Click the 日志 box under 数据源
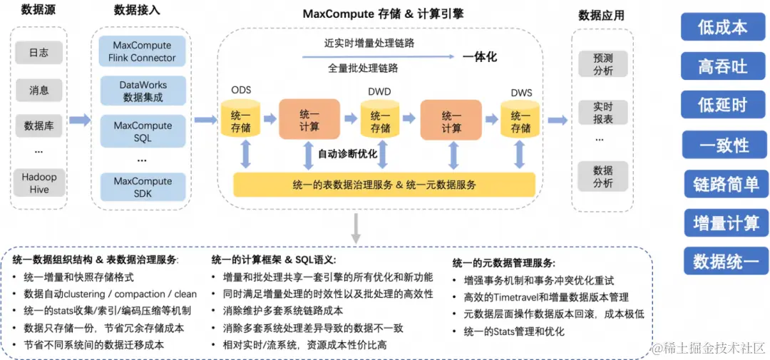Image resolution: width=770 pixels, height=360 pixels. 39,52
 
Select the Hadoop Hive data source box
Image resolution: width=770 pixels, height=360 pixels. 39,182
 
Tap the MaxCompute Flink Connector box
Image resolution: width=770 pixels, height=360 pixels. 143,51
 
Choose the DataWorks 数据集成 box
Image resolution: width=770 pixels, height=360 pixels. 143,91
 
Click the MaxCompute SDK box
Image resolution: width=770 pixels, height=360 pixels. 143,187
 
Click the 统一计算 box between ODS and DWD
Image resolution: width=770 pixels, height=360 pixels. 309,120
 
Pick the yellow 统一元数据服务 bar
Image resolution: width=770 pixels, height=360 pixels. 384,185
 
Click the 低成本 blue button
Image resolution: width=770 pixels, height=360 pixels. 722,27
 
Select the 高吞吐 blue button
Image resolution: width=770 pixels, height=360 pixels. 722,66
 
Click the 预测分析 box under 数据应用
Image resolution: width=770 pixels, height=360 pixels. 602,64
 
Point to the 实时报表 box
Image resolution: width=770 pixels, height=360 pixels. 602,113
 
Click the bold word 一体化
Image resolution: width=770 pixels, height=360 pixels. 479,57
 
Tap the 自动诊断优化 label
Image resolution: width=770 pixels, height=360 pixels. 347,153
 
